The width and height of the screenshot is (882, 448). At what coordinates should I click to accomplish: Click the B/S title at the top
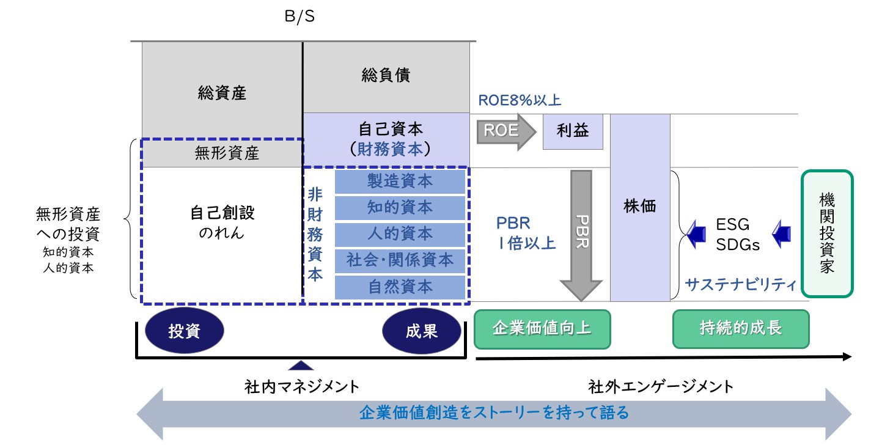(300, 17)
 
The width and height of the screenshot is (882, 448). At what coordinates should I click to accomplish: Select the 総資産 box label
(222, 93)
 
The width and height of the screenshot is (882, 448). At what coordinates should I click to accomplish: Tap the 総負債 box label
(386, 76)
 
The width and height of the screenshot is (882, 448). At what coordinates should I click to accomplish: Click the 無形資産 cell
(222, 153)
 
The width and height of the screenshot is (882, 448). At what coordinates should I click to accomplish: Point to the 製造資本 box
(400, 182)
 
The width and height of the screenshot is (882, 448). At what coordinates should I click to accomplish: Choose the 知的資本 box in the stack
(400, 208)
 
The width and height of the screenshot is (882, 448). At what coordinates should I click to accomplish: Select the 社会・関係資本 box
(400, 260)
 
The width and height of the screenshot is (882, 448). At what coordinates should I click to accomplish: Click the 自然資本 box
(400, 287)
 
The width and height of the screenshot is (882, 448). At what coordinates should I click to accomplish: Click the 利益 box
(573, 131)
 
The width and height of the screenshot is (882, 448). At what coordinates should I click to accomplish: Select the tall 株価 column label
(640, 207)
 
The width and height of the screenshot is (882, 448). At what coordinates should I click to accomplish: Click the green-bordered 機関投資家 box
(826, 233)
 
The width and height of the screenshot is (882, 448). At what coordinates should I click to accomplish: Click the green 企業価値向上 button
(542, 328)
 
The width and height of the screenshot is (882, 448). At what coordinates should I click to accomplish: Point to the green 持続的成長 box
(741, 328)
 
